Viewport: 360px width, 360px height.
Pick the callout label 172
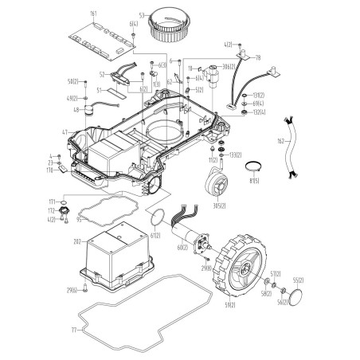pos(52,211)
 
